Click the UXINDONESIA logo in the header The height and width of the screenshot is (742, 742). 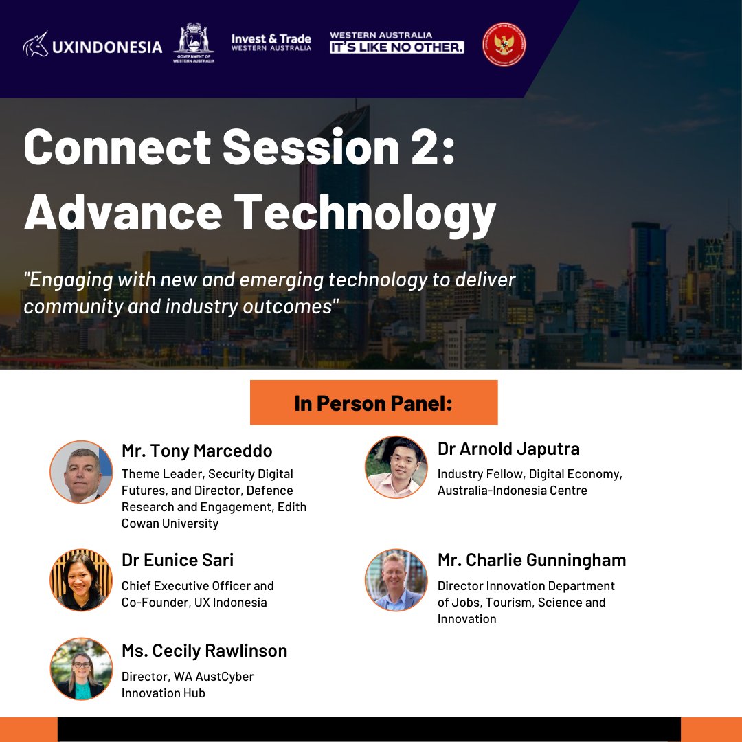[x=93, y=47]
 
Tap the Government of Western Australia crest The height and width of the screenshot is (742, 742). [x=194, y=43]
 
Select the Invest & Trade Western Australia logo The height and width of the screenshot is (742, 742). [x=271, y=43]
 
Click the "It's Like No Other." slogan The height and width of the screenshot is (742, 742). [x=397, y=47]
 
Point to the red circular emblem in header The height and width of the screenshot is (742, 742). [x=504, y=44]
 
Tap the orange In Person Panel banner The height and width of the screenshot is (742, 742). [x=373, y=403]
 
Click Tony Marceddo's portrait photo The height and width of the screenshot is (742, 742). [x=81, y=471]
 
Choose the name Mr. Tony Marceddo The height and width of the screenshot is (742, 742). [x=197, y=451]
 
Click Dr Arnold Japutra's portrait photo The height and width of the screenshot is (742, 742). [x=396, y=467]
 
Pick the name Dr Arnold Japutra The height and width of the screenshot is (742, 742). [x=508, y=449]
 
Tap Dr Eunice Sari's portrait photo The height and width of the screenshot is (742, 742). [x=81, y=579]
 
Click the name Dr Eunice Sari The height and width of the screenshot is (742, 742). [x=177, y=560]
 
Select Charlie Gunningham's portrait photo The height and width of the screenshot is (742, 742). [x=396, y=580]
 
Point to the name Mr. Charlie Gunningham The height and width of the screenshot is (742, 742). [x=532, y=560]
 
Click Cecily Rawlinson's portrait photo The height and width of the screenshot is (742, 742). [x=81, y=668]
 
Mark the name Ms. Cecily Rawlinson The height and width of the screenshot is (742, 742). [x=204, y=650]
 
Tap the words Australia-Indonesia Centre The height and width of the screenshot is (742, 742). [x=513, y=491]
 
